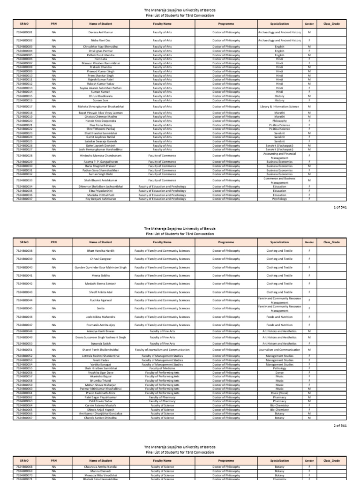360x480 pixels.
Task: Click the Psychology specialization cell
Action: pyautogui.click(x=279, y=199)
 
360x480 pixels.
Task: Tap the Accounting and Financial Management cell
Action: pyautogui.click(x=279, y=156)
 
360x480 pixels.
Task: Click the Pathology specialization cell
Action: pyautogui.click(x=279, y=368)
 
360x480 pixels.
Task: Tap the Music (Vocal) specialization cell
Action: pyautogui.click(x=279, y=393)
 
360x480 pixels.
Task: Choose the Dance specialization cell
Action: pyautogui.click(x=279, y=372)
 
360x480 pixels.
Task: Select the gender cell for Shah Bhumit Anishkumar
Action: pyautogui.click(x=309, y=180)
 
